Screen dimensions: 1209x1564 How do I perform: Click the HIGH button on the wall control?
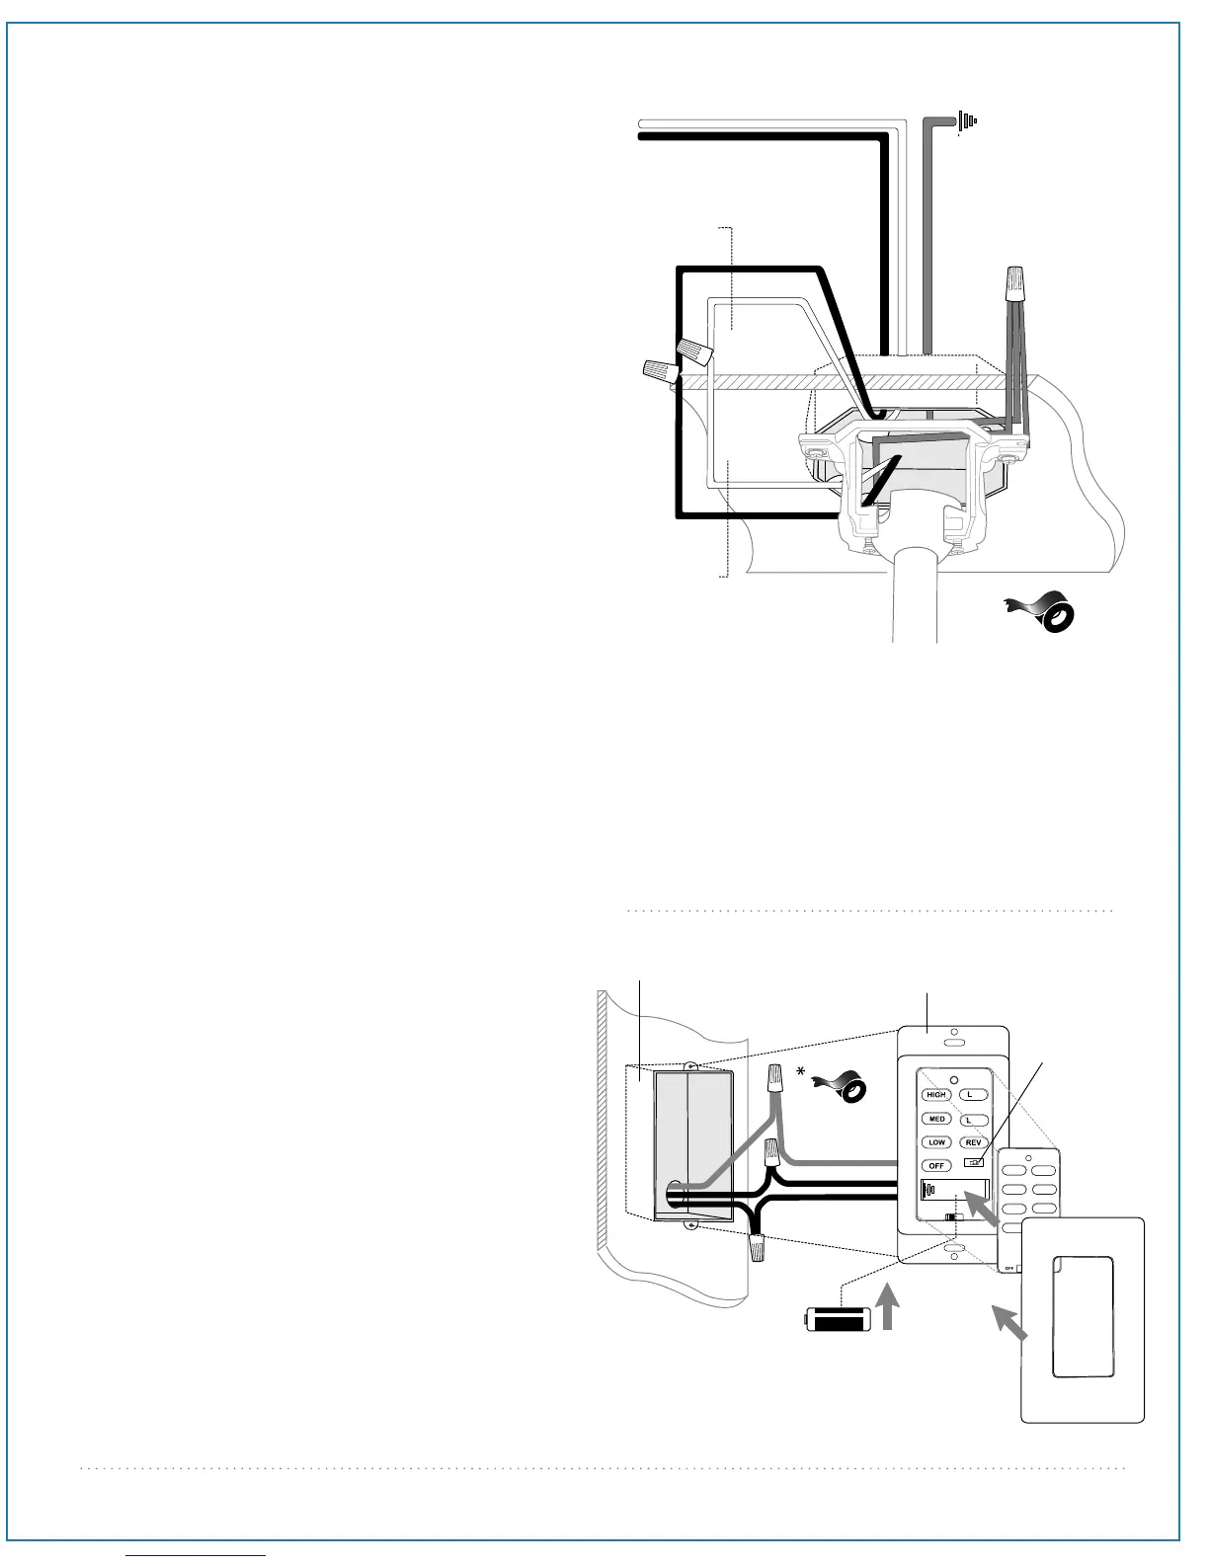936,1095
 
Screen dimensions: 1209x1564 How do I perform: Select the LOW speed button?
936,1142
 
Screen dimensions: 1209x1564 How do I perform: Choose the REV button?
973,1143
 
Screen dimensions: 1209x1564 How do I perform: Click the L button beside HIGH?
972,1095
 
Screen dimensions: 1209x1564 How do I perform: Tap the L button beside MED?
972,1120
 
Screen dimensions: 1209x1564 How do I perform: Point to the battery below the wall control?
836,1320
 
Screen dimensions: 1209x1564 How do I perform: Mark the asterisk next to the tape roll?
801,1070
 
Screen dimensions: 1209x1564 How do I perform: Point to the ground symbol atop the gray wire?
967,121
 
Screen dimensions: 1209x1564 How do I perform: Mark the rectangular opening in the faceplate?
1084,1315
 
